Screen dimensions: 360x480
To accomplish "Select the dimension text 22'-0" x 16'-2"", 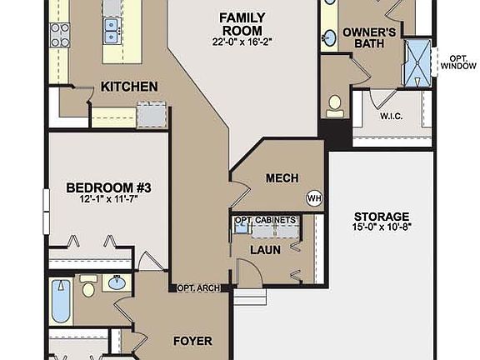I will [x=242, y=39].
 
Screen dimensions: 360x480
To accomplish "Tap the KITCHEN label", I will [x=129, y=86].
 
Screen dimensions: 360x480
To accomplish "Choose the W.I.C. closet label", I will [x=391, y=117].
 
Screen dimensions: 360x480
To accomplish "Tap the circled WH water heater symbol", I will [x=314, y=198].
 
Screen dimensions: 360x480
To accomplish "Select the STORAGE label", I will [x=381, y=216].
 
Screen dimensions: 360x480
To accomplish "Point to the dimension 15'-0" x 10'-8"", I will [x=381, y=227].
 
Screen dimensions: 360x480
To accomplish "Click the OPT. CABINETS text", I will [x=265, y=220].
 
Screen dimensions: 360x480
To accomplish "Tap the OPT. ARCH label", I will [x=198, y=288].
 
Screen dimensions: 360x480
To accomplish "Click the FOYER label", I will [x=192, y=341].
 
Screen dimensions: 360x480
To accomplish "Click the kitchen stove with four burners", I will [x=60, y=34].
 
